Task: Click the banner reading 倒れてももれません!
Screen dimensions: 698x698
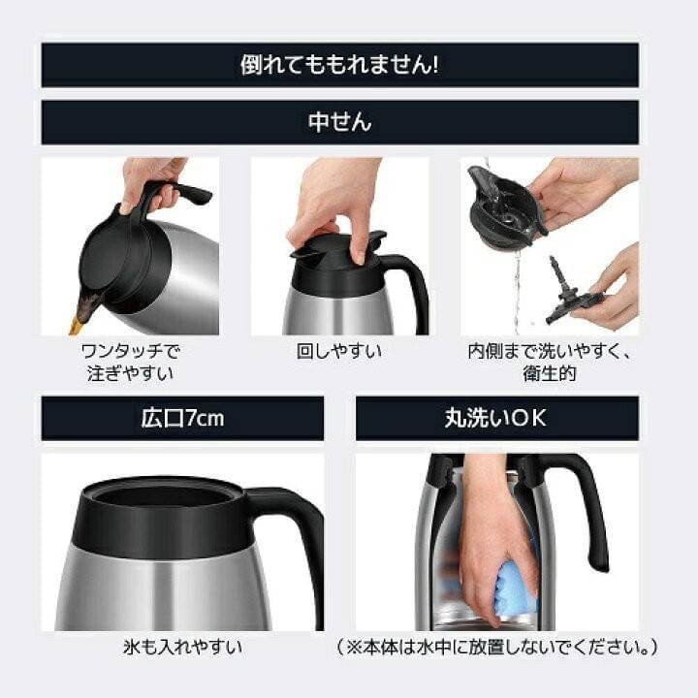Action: click(x=339, y=65)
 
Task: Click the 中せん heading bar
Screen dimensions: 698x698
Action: click(x=339, y=122)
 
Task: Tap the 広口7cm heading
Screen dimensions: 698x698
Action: click(x=182, y=418)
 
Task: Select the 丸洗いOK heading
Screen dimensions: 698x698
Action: click(x=496, y=418)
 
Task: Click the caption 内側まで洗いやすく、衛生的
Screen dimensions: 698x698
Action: click(x=549, y=361)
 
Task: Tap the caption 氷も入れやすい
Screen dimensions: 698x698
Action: click(x=183, y=646)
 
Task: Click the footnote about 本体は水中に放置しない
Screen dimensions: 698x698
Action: click(x=497, y=646)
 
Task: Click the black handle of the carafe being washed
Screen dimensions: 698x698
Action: click(x=587, y=504)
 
